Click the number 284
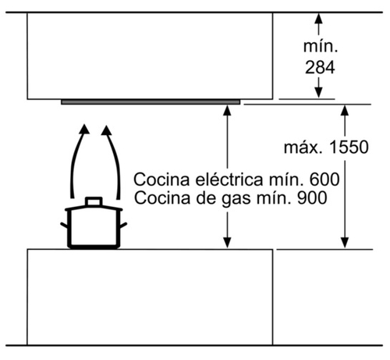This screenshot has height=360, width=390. [320, 68]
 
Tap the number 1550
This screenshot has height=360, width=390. [349, 147]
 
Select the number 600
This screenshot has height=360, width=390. [324, 180]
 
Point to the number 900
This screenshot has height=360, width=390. [312, 198]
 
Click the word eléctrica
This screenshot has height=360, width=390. [229, 180]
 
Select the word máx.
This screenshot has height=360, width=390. [304, 148]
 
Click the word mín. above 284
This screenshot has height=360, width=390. [321, 47]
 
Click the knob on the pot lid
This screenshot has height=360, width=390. [94, 201]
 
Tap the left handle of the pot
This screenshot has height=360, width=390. [64, 226]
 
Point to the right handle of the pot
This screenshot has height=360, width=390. [123, 226]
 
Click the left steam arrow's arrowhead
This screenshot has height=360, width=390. [84, 129]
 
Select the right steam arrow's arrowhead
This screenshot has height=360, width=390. [106, 130]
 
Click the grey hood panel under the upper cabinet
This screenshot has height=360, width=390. [151, 102]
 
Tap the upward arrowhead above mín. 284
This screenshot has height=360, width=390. [319, 19]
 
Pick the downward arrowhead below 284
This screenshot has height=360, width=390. [319, 93]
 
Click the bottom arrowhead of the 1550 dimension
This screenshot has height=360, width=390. [345, 243]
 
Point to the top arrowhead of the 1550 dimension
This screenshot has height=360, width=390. [345, 111]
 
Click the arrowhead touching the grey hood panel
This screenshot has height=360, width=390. [228, 111]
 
